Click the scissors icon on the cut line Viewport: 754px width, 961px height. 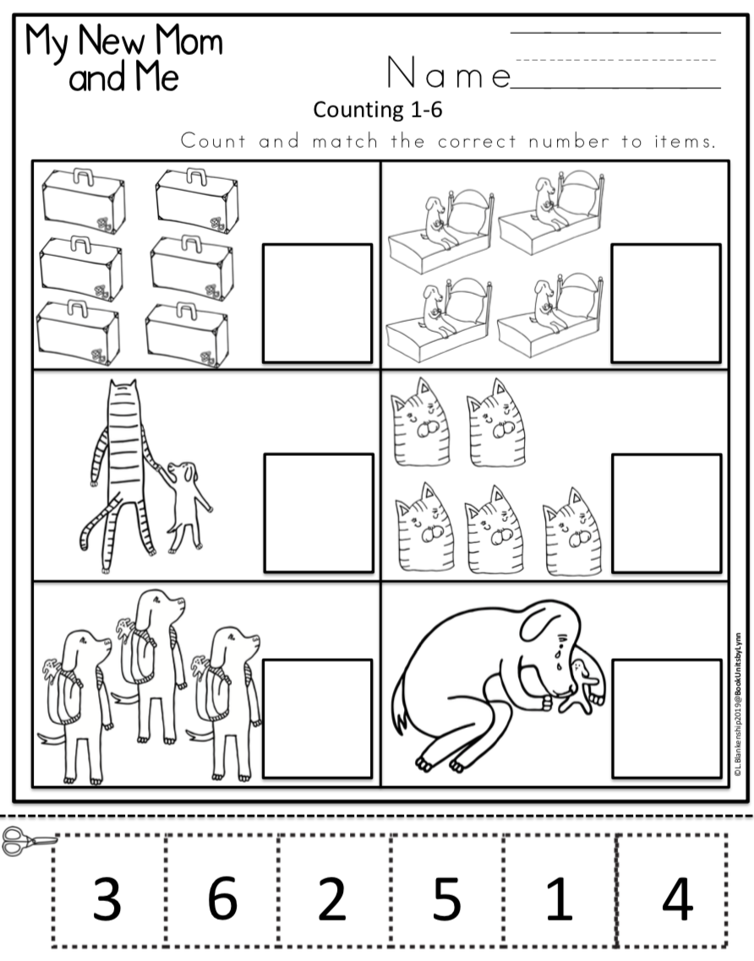25,840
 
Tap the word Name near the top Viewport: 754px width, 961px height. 449,75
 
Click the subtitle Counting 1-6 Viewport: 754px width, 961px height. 378,109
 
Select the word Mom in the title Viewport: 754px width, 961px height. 183,41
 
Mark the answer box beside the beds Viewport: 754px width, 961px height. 665,302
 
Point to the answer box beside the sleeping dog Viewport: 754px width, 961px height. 665,718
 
